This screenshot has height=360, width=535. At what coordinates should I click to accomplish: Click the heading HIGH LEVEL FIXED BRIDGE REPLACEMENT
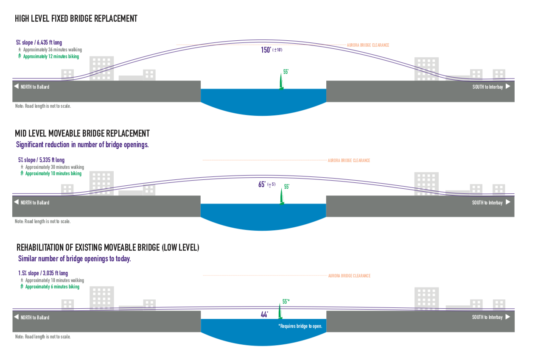[76, 19]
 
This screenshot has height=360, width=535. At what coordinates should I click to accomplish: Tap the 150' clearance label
[266, 50]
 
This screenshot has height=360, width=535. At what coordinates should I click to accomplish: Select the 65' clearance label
[262, 184]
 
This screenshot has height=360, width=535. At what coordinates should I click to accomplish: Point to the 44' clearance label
[265, 315]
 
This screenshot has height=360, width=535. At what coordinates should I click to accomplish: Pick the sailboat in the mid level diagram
[281, 197]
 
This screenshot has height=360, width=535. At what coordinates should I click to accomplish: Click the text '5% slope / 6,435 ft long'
[39, 43]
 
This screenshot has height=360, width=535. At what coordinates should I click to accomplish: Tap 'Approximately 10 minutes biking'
[53, 173]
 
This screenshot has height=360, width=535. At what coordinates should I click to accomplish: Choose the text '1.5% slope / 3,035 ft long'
[43, 273]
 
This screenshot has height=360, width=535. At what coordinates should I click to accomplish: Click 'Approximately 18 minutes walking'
[54, 280]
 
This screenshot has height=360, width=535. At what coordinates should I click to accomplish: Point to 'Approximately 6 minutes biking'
[52, 287]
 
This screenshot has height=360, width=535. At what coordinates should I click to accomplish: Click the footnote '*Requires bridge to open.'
[300, 326]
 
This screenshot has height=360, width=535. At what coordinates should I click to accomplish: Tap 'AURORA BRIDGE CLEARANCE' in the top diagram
[368, 45]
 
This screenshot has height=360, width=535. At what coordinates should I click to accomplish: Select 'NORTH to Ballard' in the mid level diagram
[35, 203]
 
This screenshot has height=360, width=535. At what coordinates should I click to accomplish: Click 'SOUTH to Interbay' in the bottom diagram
[487, 317]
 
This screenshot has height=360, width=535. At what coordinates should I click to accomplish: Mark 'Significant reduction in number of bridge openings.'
[82, 145]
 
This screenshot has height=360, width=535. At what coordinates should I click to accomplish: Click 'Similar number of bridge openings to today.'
[74, 259]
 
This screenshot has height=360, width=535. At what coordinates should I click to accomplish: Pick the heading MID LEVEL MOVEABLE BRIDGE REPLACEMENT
[83, 134]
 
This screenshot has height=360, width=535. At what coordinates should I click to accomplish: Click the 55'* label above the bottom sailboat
[286, 301]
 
